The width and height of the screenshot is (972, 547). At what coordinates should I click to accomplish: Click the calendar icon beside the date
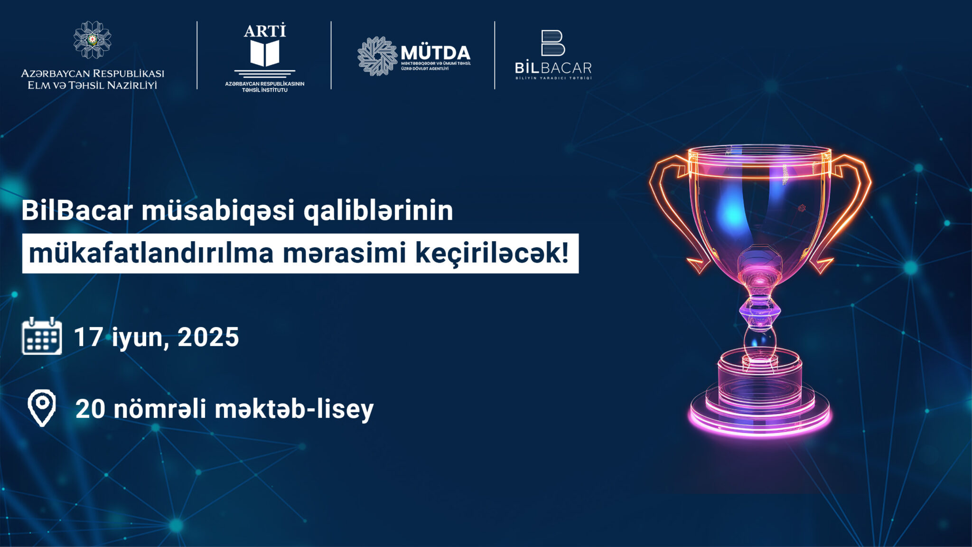coord(42,336)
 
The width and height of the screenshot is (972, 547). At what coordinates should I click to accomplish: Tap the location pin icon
coord(42,408)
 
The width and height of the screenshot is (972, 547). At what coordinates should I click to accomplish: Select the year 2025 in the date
coord(208,337)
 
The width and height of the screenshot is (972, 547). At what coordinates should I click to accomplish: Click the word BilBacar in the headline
coord(77,210)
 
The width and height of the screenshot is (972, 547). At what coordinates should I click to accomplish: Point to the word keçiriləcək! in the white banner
coord(492,253)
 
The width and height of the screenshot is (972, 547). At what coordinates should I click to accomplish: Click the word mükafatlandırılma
coord(151,253)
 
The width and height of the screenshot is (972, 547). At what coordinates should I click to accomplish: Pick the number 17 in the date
coord(88,337)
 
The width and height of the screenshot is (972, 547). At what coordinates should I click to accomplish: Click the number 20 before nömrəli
coord(90,409)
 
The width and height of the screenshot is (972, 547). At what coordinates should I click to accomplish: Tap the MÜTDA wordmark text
coord(435,53)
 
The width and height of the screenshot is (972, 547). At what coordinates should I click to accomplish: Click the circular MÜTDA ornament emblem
coord(377,56)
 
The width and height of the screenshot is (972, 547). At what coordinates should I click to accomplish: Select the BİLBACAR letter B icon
coord(553,43)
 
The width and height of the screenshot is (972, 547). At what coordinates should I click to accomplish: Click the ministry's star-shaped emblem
coord(93,40)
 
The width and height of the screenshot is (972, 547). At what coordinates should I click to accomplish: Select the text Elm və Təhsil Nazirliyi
coord(93,85)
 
